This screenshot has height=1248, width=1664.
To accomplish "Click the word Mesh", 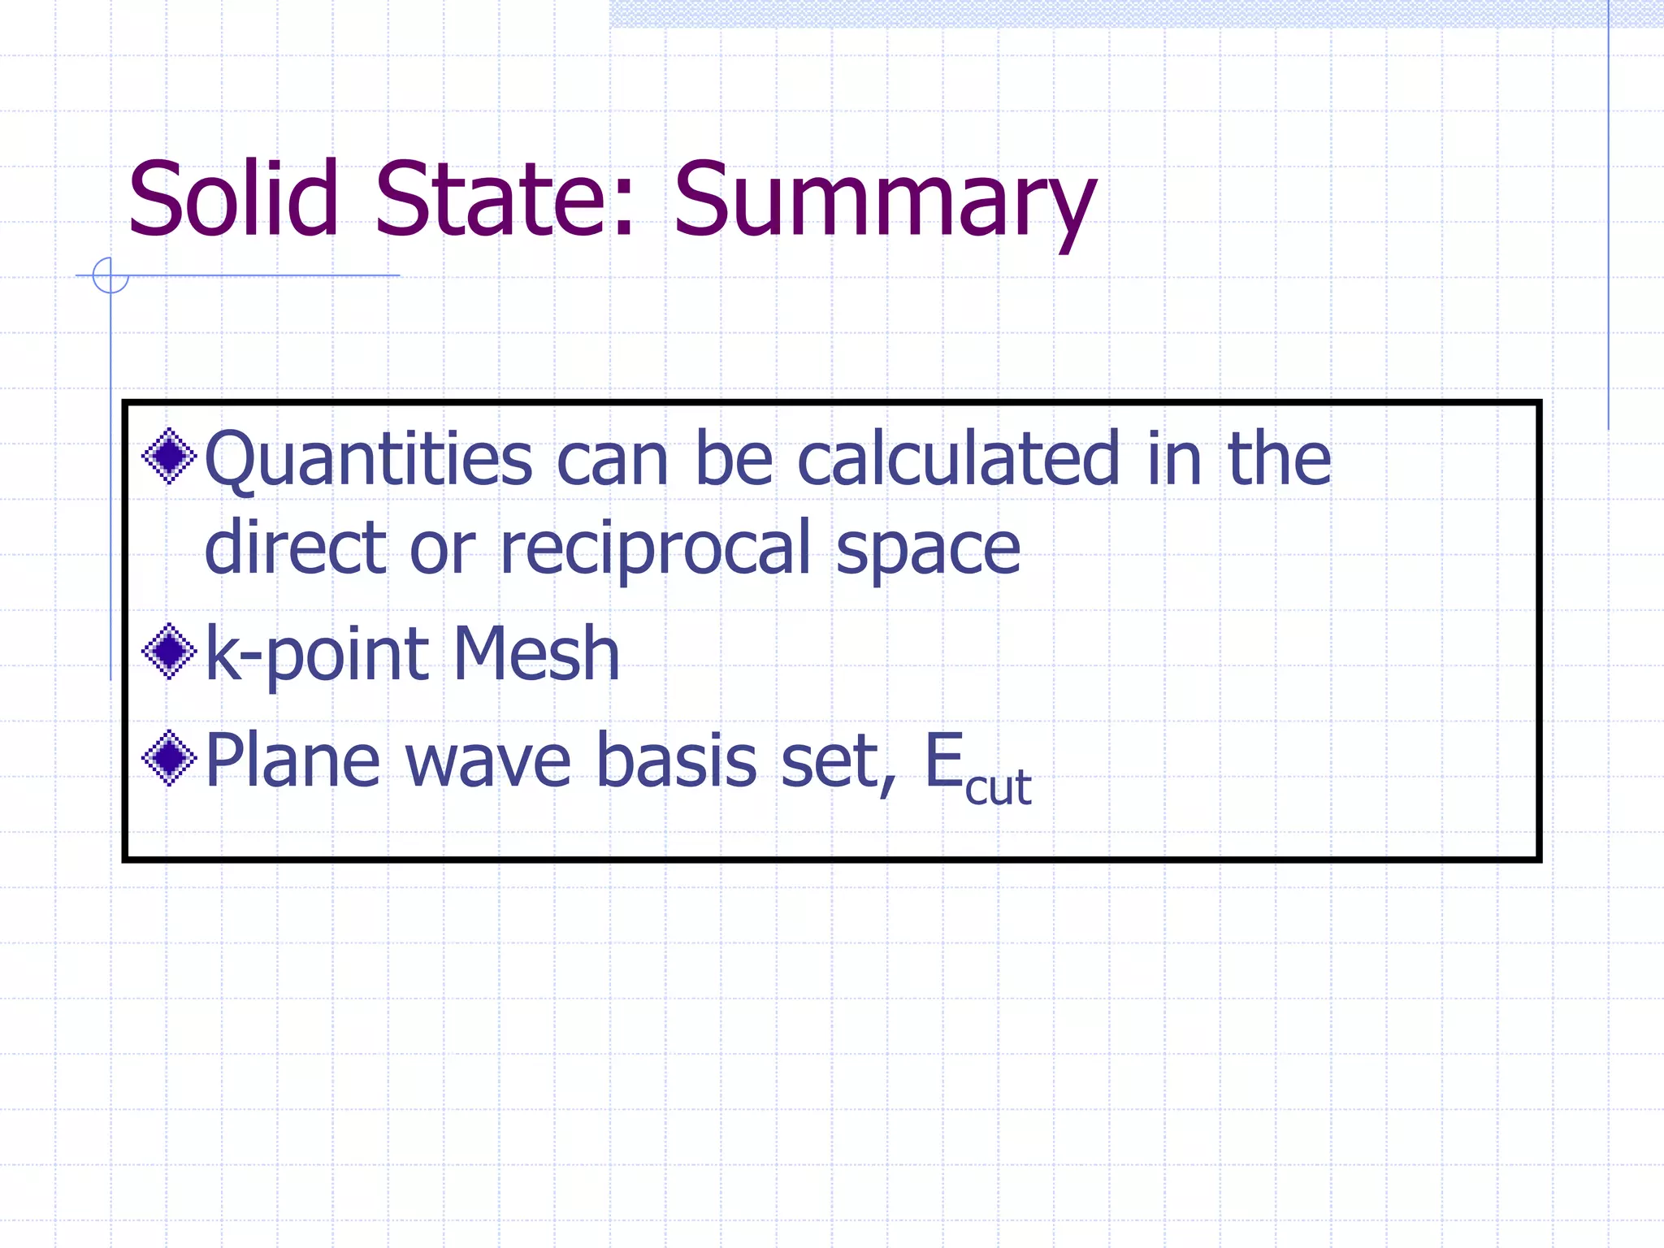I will (x=536, y=653).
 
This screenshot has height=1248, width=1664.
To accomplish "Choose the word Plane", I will (x=292, y=760).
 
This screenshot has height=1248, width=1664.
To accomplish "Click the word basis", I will (x=677, y=760).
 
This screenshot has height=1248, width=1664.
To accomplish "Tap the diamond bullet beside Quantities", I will (x=169, y=456).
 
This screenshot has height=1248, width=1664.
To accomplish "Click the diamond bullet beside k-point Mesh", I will (x=169, y=651).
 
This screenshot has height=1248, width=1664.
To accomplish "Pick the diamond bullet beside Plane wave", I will (x=169, y=758).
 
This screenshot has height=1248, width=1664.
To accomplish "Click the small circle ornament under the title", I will (x=110, y=275).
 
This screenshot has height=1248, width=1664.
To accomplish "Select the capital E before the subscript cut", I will (x=944, y=760).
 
